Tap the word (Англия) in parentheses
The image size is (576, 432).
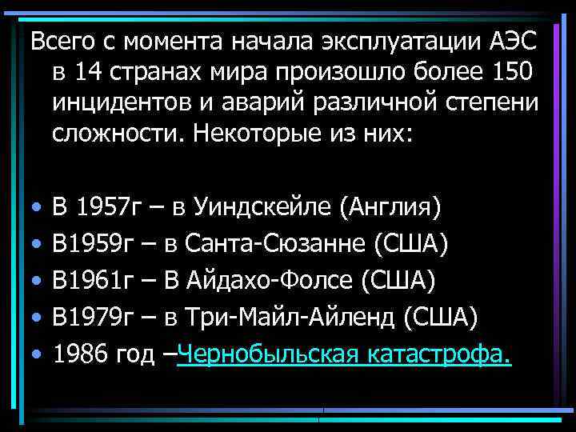pyautogui.click(x=390, y=209)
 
